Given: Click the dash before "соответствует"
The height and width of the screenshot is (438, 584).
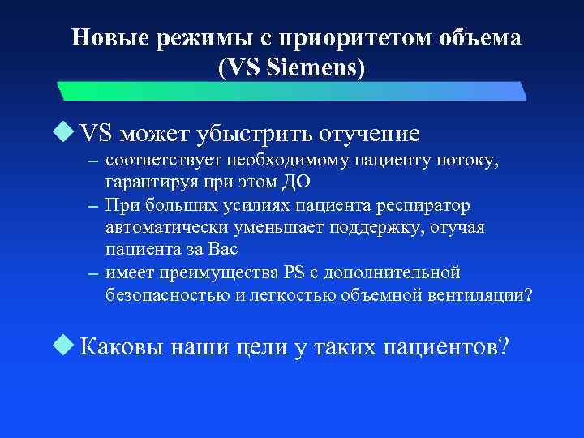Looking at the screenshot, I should (93, 162).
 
